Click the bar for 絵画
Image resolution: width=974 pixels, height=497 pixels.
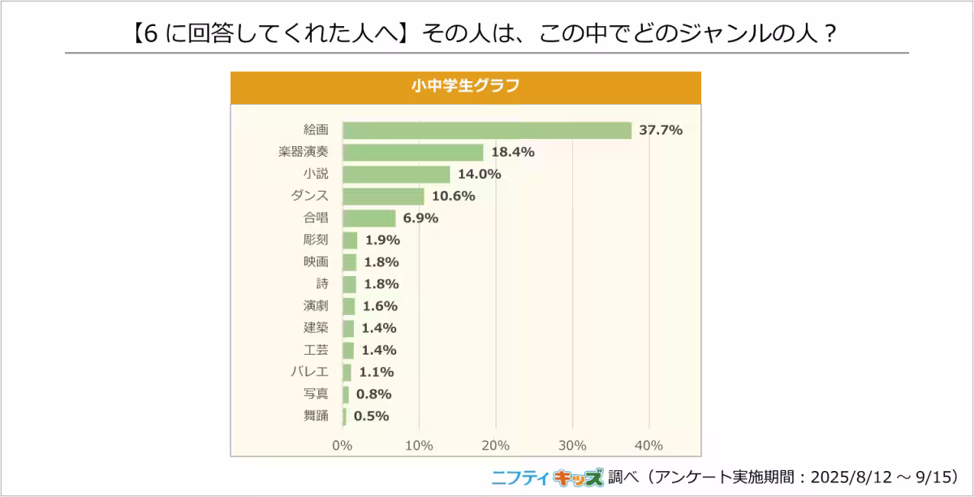487,130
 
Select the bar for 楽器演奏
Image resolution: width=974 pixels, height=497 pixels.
412,152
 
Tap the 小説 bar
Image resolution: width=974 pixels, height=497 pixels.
396,174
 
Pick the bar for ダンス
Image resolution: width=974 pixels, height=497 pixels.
383,196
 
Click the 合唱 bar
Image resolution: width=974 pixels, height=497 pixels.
369,218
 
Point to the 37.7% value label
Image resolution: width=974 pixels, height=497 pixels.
661,130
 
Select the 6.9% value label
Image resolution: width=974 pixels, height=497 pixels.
420,218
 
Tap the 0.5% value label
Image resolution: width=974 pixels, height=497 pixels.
371,416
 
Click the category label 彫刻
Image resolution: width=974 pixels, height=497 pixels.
315,240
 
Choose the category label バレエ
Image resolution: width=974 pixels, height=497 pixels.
309,372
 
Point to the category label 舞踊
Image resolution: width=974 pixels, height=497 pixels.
315,416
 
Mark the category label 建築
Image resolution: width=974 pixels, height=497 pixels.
315,328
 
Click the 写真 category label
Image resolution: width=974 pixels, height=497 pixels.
315,394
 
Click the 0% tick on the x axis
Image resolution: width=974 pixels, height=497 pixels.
343,445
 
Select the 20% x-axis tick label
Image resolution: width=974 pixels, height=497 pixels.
495,445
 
